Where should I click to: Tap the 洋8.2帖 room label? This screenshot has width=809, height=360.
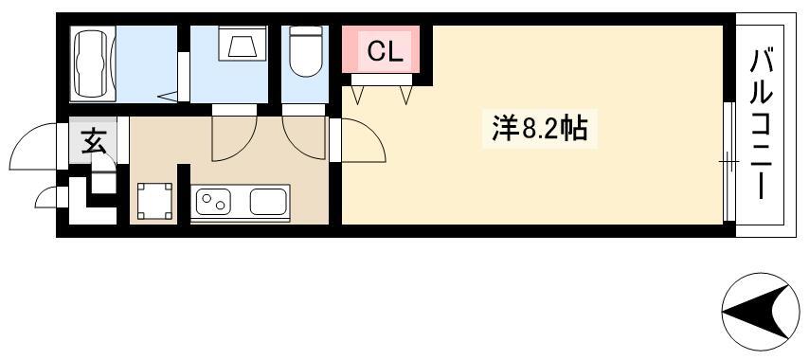tap(539, 129)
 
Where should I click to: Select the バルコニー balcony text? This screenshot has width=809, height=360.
tap(761, 124)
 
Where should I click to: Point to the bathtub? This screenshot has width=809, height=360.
tap(93, 64)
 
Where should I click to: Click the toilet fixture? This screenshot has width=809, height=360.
tap(305, 50)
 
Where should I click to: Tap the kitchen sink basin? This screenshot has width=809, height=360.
tap(268, 202)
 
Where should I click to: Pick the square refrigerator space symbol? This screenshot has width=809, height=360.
tap(154, 201)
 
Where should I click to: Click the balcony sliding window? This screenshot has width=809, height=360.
tap(728, 161)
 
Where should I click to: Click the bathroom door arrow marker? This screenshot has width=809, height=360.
tap(167, 97)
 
